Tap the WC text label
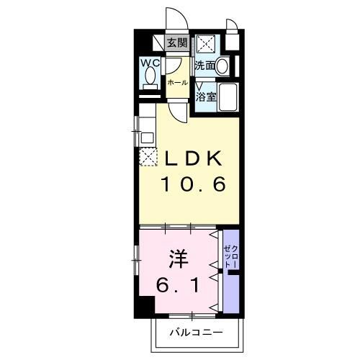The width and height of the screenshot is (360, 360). tap(150, 63)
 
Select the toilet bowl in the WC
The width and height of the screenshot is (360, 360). tap(150, 78)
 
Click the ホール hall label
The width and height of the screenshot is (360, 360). tap(178, 83)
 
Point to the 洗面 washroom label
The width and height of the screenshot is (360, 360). tap(204, 66)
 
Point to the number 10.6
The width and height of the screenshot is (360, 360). tap(192, 184)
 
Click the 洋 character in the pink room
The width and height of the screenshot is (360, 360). tap(179, 256)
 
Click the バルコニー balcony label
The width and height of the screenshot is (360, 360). tap(196, 333)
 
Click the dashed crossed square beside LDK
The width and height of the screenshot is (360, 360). tap(148, 156)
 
